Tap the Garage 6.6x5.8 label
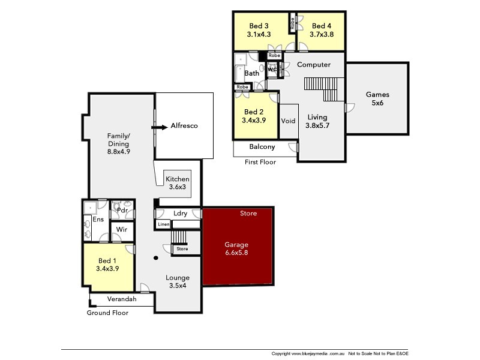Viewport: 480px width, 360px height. point(236,249)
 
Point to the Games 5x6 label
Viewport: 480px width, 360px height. point(377,98)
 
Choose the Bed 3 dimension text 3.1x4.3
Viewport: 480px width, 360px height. point(259,35)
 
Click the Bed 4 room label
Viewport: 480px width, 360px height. point(322,26)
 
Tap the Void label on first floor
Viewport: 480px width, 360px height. point(289,121)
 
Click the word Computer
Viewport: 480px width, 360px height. point(314,65)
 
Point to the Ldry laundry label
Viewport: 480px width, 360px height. point(180,214)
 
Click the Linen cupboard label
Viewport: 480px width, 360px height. point(163,224)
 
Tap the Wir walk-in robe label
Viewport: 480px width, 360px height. point(121,230)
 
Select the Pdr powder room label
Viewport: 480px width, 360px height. point(122,211)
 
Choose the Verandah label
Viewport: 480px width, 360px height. point(122,299)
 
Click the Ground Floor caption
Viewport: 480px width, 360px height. point(107,313)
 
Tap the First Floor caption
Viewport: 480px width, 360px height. point(260,162)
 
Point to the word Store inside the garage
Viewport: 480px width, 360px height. point(248,214)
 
